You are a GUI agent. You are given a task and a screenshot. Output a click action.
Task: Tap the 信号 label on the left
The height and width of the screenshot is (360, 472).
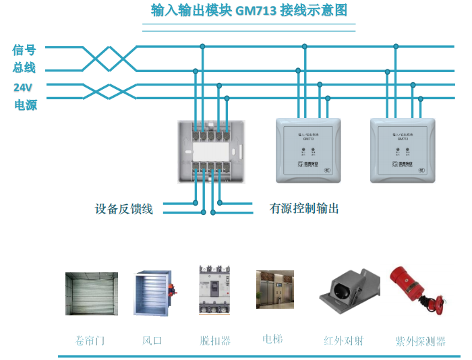pyautogui.click(x=24, y=49)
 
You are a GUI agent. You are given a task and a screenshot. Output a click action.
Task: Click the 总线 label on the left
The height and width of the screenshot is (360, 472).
pyautogui.click(x=24, y=67)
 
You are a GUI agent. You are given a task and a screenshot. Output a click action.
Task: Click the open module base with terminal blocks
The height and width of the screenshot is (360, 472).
pyautogui.click(x=211, y=152)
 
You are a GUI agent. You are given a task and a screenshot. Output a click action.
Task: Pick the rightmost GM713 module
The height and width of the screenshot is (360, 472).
pyautogui.click(x=403, y=150)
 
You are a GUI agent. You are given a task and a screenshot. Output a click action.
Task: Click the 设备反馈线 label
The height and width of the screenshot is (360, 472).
pyautogui.click(x=124, y=209)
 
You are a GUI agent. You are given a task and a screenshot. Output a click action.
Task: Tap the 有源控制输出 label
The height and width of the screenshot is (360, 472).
pyautogui.click(x=304, y=209)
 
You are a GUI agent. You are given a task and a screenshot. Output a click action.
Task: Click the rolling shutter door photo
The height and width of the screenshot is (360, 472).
pyautogui.click(x=91, y=293)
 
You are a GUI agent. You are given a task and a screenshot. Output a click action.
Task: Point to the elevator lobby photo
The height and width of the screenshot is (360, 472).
pyautogui.click(x=274, y=289)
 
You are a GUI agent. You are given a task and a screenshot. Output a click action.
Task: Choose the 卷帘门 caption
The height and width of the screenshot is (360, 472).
pyautogui.click(x=90, y=340)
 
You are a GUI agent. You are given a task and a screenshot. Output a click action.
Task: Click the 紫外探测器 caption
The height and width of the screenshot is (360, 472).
pyautogui.click(x=420, y=341)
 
